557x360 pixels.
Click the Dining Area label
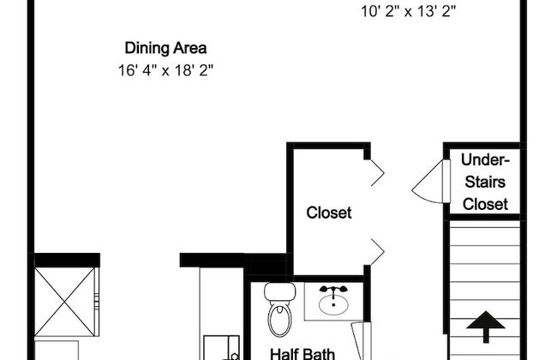tap(165, 48)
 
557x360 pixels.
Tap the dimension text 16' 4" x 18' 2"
tap(165, 70)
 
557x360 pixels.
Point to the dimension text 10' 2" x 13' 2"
tap(408, 11)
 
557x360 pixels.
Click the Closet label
tap(329, 213)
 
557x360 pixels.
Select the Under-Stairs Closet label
tap(485, 182)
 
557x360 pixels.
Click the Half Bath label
tap(302, 354)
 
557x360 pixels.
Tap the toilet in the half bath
tap(280, 309)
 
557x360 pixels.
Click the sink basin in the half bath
tap(333, 305)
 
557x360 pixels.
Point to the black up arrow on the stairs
tap(486, 327)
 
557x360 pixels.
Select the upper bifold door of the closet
tap(377, 173)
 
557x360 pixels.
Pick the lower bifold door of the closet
tap(377, 252)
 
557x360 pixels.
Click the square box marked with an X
tap(65, 302)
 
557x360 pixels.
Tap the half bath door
tap(362, 341)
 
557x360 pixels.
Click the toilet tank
tap(280, 291)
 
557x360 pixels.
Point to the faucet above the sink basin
tap(333, 291)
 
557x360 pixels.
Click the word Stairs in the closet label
tap(485, 182)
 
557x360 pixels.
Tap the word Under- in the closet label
tap(485, 160)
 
